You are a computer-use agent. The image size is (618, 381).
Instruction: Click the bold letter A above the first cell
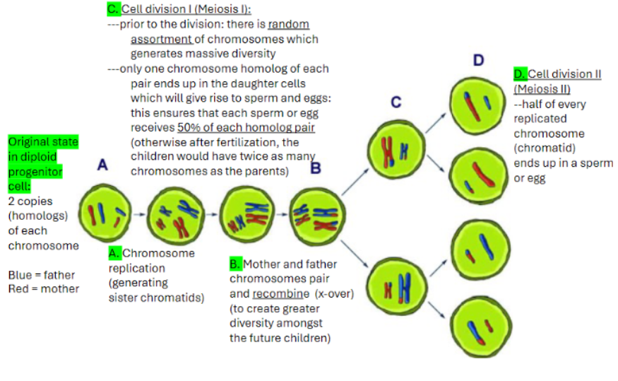pos(102,165)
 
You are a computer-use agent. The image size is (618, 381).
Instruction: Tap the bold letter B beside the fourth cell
pos(316,168)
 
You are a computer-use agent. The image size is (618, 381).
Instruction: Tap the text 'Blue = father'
pos(41,274)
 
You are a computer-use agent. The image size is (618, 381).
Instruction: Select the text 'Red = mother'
pos(43,288)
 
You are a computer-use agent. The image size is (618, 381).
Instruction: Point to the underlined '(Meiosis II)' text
pos(542,89)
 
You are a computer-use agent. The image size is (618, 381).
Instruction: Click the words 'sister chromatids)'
pos(156,298)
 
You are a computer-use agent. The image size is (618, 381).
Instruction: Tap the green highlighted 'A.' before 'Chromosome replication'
pos(114,253)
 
